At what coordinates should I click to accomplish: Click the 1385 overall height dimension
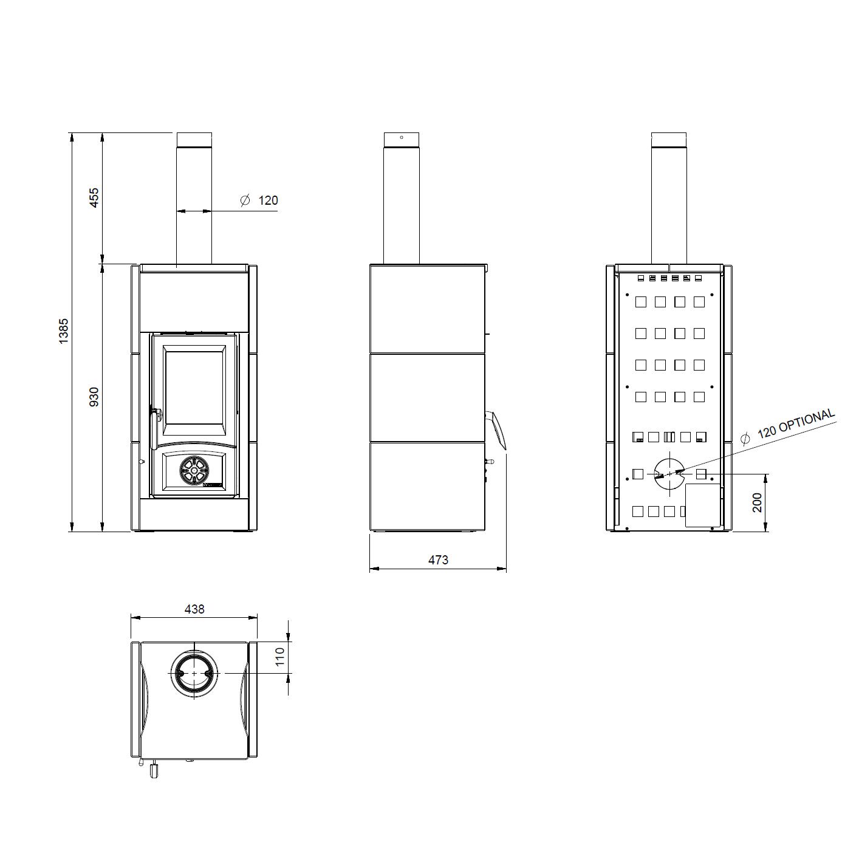64,331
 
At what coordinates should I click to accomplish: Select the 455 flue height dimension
94,198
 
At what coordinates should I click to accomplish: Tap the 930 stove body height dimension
94,397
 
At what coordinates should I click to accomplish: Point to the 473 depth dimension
438,560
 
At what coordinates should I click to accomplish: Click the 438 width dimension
194,608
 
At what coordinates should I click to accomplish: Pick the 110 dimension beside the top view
279,657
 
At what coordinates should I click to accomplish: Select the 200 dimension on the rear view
757,502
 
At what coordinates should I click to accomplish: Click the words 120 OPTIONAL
796,423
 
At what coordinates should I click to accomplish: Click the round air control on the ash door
194,470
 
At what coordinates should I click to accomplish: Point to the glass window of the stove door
194,387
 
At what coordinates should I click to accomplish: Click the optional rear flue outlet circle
669,473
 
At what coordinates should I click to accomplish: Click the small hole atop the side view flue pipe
402,137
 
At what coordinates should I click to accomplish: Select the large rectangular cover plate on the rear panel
702,505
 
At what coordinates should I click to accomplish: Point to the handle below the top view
153,770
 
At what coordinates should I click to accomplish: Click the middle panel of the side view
428,397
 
